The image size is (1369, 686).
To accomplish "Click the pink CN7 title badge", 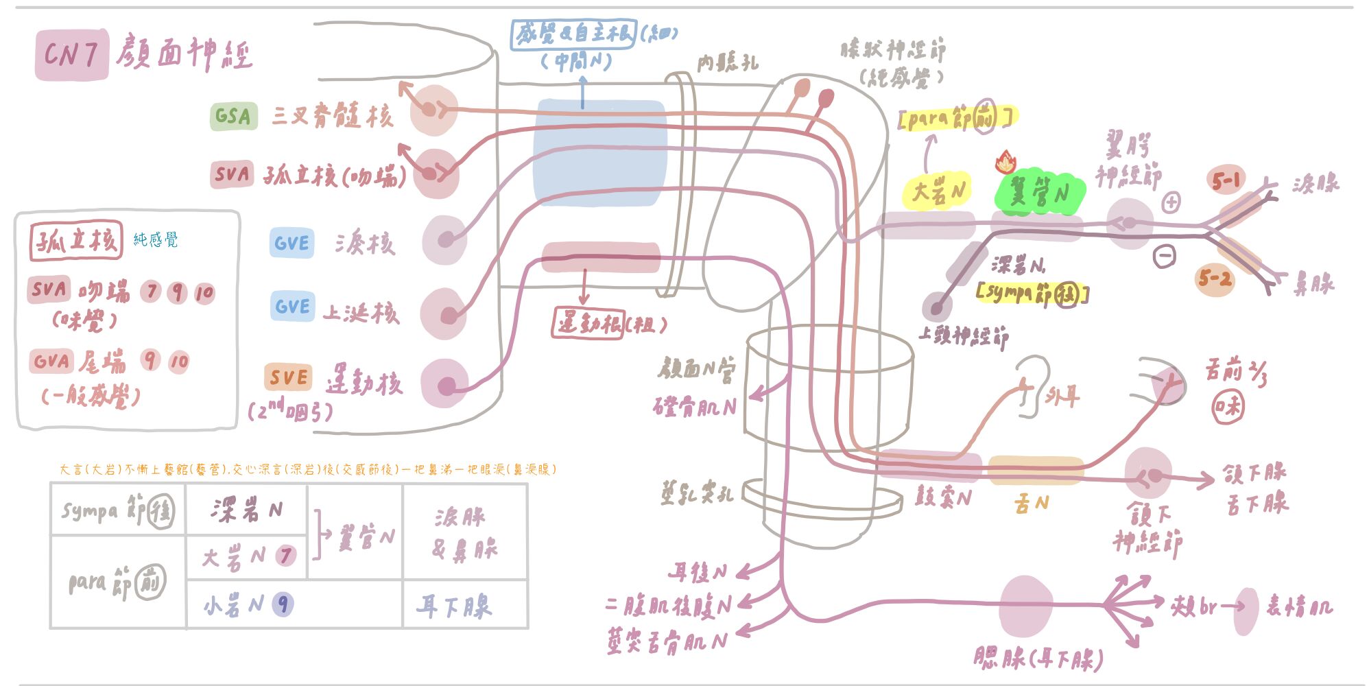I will [71, 54].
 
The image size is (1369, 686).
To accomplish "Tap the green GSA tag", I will [233, 116].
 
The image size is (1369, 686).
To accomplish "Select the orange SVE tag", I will [288, 377].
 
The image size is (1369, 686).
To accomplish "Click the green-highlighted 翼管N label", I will [1038, 193].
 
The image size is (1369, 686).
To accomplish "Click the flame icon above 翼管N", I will [1005, 162].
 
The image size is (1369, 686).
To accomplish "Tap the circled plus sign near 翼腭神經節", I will [1171, 202].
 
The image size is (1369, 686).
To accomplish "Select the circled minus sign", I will [1165, 256].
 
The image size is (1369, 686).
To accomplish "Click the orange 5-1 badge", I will [1226, 180].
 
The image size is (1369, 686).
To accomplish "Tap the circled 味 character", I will [1227, 407].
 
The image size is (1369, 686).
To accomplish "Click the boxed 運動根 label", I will [588, 322].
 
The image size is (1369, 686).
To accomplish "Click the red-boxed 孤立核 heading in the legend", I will [75, 240].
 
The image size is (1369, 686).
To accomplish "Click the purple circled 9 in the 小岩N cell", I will [283, 604].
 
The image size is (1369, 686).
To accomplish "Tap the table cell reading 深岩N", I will [246, 510].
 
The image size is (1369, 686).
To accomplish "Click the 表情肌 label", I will [1298, 606].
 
